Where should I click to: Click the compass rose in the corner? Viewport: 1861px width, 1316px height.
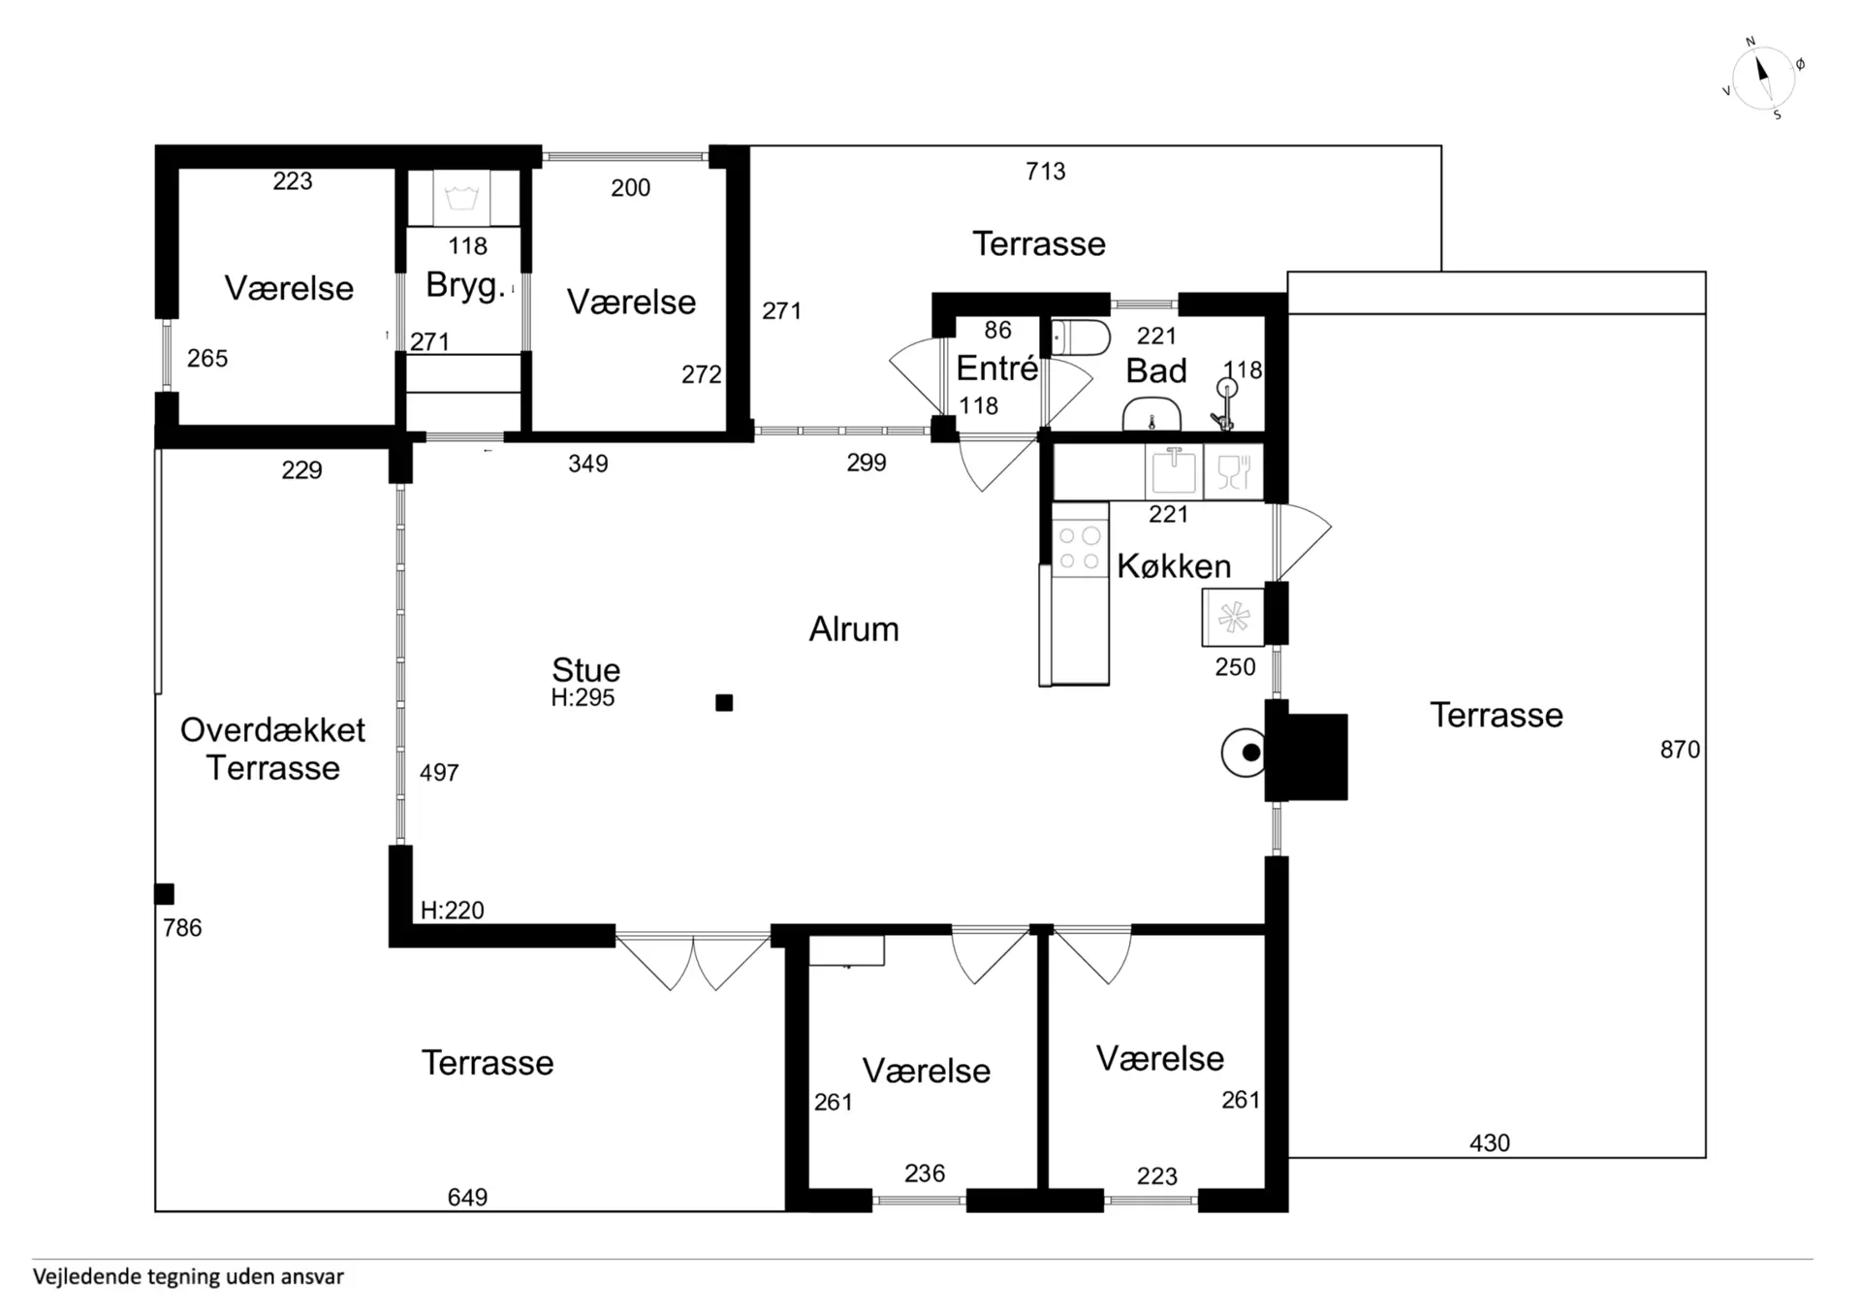[x=1763, y=79]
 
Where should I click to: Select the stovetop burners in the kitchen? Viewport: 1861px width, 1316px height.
[x=1080, y=547]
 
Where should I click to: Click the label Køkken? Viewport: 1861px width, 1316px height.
[x=1174, y=566]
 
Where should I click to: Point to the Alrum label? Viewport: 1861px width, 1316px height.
[x=854, y=629]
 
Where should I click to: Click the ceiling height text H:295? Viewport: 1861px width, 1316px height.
[x=583, y=697]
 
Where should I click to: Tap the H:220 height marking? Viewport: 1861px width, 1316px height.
[x=452, y=911]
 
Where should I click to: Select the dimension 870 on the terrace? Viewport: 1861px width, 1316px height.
[x=1680, y=750]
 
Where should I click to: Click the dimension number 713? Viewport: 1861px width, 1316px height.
[x=1046, y=172]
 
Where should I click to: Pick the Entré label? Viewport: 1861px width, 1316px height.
[x=996, y=369]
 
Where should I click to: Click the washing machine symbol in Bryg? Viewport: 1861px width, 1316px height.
[x=462, y=198]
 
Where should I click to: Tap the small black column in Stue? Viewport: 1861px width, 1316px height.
[x=724, y=703]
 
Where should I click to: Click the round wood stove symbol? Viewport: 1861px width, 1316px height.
[x=1245, y=753]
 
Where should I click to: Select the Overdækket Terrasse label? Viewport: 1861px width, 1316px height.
[x=272, y=749]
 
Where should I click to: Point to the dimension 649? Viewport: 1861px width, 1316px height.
[x=467, y=1198]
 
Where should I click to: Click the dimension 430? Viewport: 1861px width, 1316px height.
[x=1490, y=1143]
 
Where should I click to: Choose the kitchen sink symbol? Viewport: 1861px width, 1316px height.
[x=1174, y=472]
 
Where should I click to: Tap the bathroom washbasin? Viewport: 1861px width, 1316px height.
[x=1151, y=414]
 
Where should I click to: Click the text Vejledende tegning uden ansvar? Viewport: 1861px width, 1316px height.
[x=188, y=1277]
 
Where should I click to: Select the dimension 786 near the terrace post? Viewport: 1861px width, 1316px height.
[x=182, y=928]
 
